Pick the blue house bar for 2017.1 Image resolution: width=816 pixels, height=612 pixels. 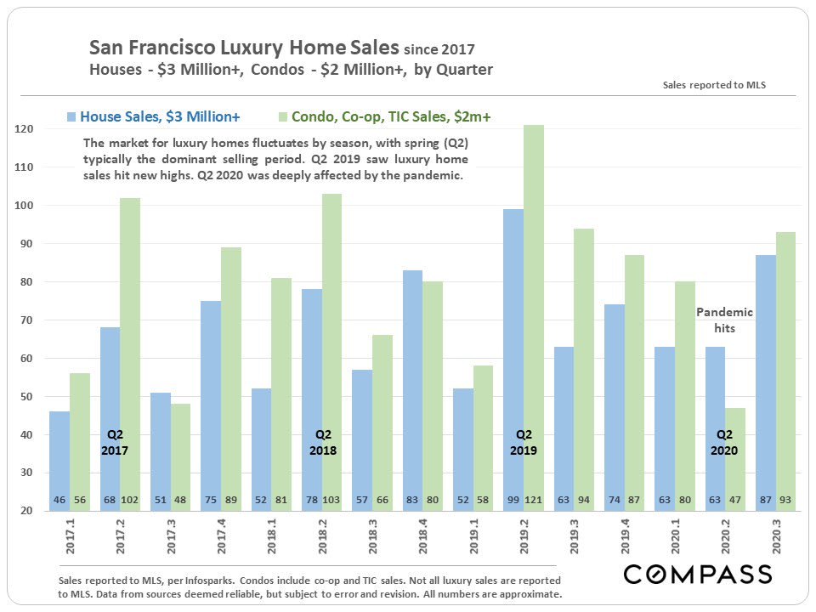click(x=59, y=450)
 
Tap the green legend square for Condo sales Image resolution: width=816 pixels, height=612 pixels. click(x=283, y=115)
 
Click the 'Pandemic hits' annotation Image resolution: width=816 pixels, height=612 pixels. click(x=724, y=320)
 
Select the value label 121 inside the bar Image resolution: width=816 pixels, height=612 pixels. click(x=533, y=499)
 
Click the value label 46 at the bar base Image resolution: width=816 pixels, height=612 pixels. click(x=59, y=499)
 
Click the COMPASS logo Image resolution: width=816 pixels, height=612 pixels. click(x=698, y=574)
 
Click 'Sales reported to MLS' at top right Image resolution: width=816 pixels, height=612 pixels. click(x=713, y=86)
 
